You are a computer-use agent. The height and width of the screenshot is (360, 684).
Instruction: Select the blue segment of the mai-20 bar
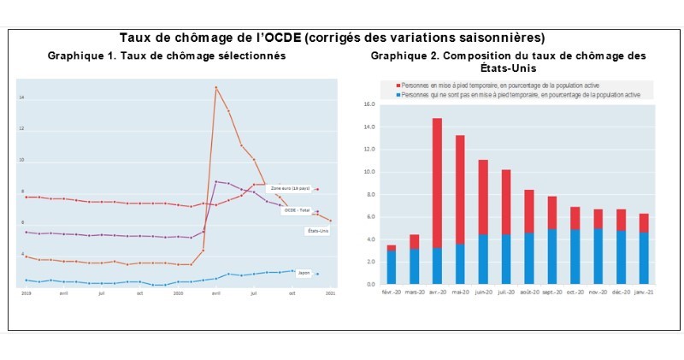pyautogui.click(x=460, y=263)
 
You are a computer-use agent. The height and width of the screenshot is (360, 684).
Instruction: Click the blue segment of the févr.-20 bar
pyautogui.click(x=391, y=267)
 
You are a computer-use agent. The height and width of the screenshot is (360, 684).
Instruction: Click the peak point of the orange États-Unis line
pyautogui.click(x=215, y=87)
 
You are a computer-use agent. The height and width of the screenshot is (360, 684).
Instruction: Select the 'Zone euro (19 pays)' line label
pyautogui.click(x=289, y=188)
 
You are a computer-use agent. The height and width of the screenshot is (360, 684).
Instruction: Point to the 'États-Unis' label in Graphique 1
pyautogui.click(x=317, y=231)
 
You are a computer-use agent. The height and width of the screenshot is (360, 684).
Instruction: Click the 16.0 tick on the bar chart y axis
pyautogui.click(x=369, y=105)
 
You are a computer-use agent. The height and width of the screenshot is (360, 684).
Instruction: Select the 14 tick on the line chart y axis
pyautogui.click(x=21, y=98)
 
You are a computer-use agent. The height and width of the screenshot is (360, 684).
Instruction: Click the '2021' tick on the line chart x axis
pyautogui.click(x=330, y=292)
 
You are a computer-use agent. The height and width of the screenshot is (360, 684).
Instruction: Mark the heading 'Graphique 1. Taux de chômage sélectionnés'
pyautogui.click(x=167, y=56)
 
